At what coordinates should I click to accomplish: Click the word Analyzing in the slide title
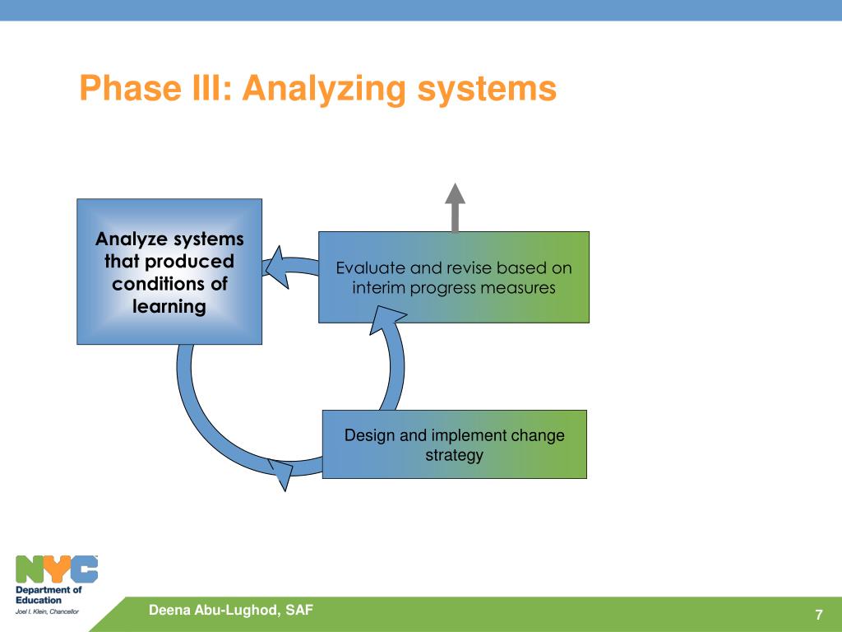(324, 89)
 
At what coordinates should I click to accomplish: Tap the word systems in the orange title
(487, 90)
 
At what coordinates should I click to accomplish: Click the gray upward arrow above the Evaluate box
(455, 207)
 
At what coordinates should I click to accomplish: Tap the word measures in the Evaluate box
(518, 288)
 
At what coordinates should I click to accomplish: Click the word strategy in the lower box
(454, 456)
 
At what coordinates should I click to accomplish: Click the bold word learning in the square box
(169, 307)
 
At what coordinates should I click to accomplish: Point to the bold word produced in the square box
(190, 262)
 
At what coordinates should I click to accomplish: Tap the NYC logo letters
(57, 569)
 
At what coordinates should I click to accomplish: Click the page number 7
(819, 615)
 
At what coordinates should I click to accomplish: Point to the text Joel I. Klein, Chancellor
(47, 611)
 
